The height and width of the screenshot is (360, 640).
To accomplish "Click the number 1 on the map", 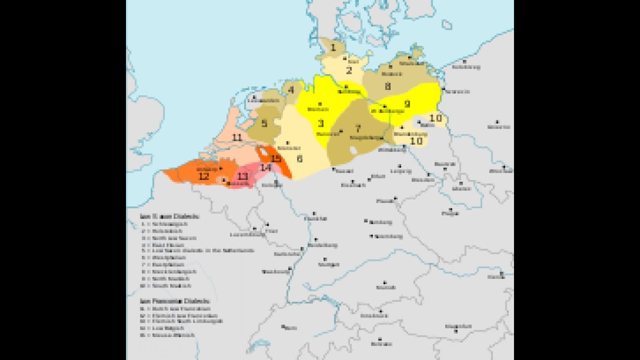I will click(x=333, y=48).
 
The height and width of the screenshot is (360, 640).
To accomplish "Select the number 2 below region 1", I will click(x=349, y=70).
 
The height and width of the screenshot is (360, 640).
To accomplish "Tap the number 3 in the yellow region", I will click(x=320, y=123).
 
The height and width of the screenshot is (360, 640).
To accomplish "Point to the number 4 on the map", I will click(x=291, y=90).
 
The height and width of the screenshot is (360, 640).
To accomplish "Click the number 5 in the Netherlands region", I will click(x=264, y=122).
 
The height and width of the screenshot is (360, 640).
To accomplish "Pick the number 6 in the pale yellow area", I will click(x=299, y=158).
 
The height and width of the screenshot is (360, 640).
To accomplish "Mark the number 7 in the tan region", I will click(x=357, y=128).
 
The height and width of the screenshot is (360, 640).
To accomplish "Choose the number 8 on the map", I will click(x=387, y=86).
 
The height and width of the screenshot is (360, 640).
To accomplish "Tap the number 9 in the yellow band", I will click(x=407, y=104).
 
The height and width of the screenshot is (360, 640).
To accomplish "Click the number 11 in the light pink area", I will click(x=237, y=137).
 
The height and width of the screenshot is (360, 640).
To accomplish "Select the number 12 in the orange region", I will click(x=203, y=176).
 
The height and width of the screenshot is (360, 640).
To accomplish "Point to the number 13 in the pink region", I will click(x=242, y=176).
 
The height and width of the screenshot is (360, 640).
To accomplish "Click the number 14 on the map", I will click(x=265, y=167).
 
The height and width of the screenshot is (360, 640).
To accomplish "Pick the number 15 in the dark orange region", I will click(x=275, y=158).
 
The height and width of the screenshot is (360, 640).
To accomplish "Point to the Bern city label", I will click(x=289, y=327).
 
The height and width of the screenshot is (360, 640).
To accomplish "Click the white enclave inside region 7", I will click(x=354, y=149).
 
